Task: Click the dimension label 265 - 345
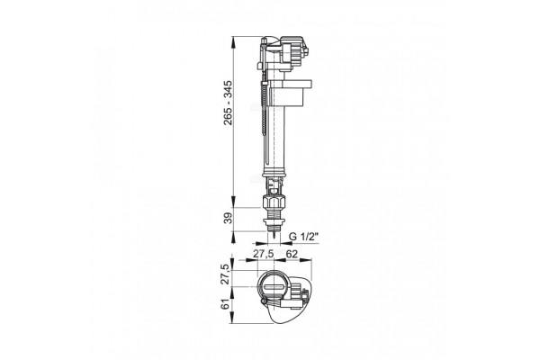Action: (x=228, y=103)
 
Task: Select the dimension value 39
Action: (x=228, y=218)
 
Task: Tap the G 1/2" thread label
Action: (x=304, y=237)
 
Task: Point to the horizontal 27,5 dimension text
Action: (x=264, y=254)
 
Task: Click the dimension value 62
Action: (x=292, y=254)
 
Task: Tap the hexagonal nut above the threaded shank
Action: (x=274, y=202)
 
